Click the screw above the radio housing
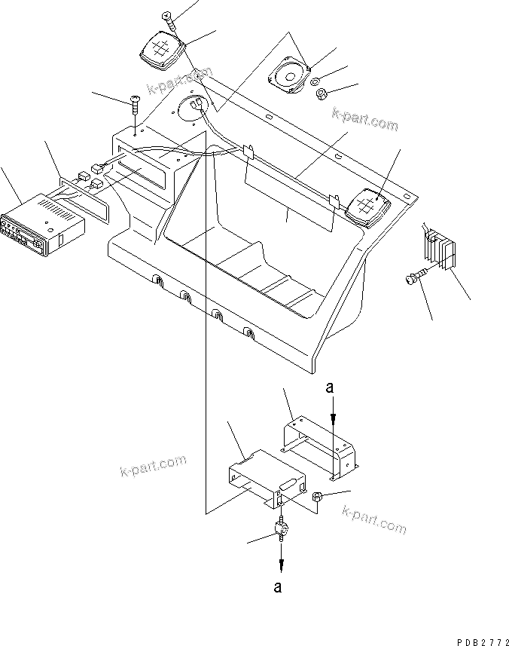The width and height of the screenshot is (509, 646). pos(135,106)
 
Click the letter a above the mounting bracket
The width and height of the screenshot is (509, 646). pos(329,389)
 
